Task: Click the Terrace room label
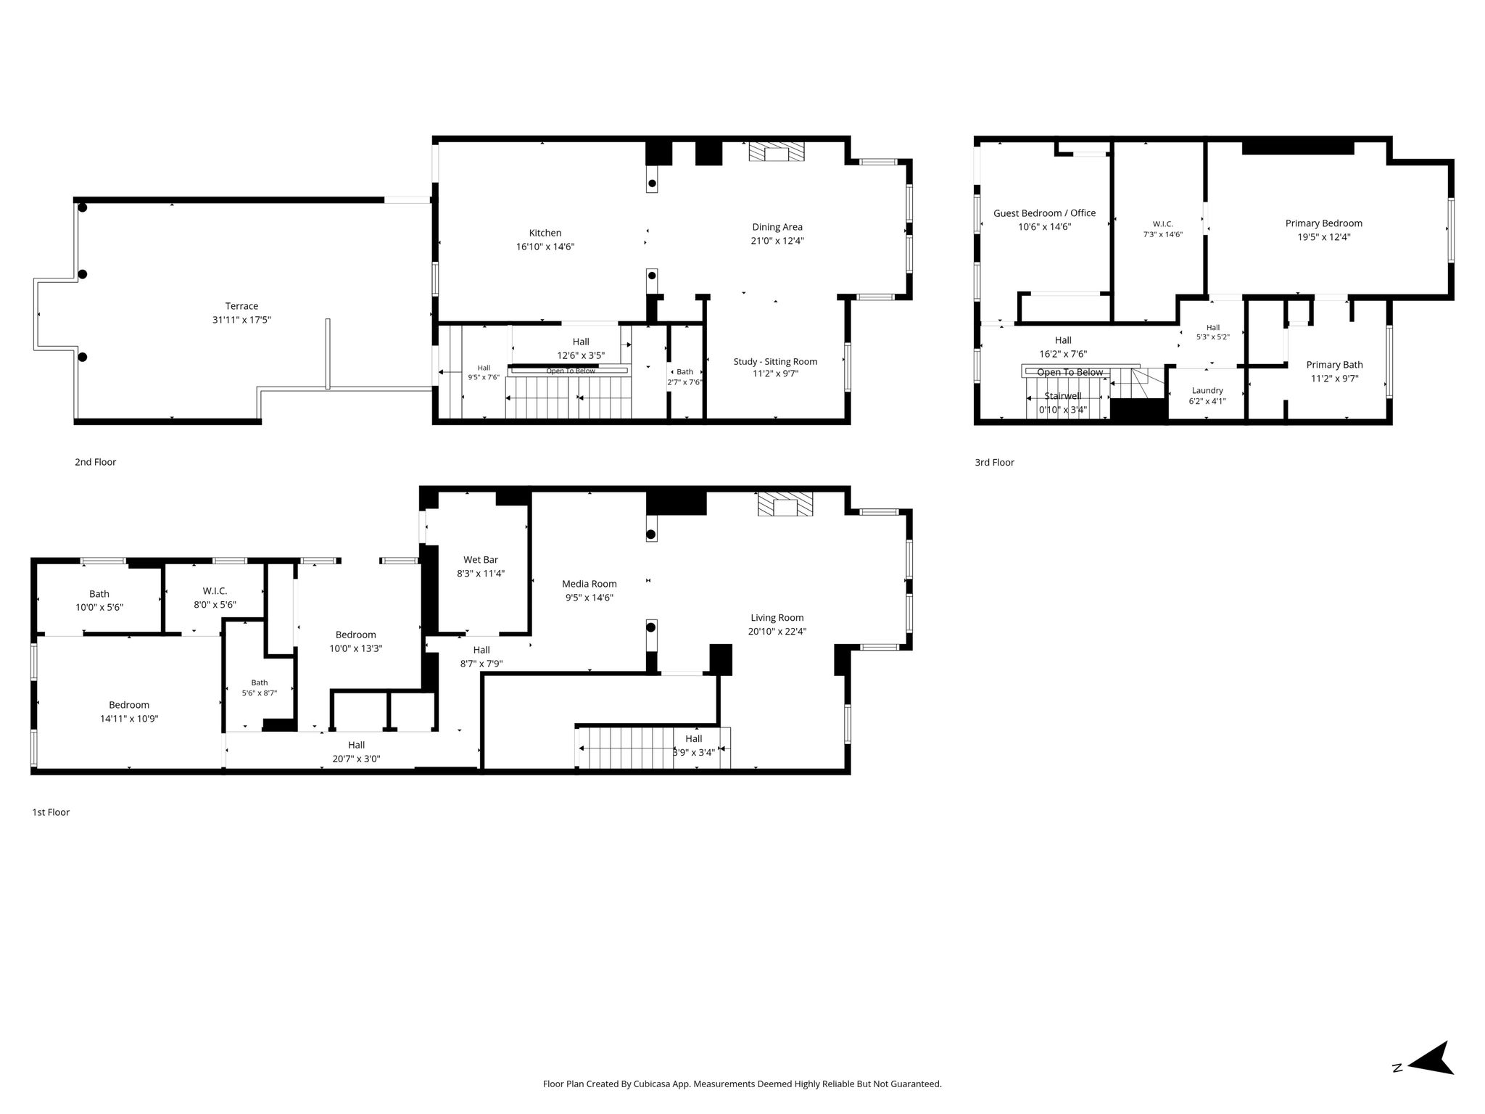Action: pyautogui.click(x=241, y=306)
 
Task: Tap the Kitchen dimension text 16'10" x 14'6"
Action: pyautogui.click(x=545, y=247)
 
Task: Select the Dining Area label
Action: pyautogui.click(x=777, y=227)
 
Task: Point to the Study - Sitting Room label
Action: pyautogui.click(x=775, y=362)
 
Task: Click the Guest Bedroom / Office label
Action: pyautogui.click(x=1044, y=213)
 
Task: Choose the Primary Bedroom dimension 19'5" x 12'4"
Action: pyautogui.click(x=1324, y=237)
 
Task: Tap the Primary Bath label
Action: pyautogui.click(x=1334, y=365)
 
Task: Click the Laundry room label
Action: pyautogui.click(x=1207, y=390)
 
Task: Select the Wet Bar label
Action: pyautogui.click(x=481, y=560)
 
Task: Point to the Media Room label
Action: pyautogui.click(x=590, y=584)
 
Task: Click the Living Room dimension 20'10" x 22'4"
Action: pyautogui.click(x=777, y=632)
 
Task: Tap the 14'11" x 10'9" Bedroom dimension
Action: pyautogui.click(x=129, y=719)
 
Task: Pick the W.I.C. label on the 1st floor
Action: pyautogui.click(x=215, y=591)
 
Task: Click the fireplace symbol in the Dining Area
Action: pyautogui.click(x=777, y=152)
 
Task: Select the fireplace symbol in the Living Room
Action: pyautogui.click(x=785, y=504)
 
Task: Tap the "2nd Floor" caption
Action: pyautogui.click(x=95, y=462)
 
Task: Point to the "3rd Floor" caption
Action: pyautogui.click(x=994, y=462)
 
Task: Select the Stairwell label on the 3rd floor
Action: pyautogui.click(x=1063, y=396)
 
